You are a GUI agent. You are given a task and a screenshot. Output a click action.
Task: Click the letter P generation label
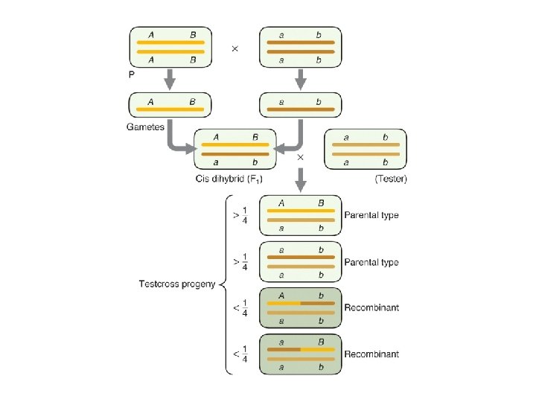(133, 74)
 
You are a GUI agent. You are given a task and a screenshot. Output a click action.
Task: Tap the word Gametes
(146, 127)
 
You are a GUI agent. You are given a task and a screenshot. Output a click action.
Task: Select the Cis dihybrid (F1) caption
(229, 179)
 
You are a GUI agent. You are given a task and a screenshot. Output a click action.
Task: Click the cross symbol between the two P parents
(235, 48)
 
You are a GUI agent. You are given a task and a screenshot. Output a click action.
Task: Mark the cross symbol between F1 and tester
(301, 158)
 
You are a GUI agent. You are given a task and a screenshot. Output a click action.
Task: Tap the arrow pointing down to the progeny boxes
(301, 179)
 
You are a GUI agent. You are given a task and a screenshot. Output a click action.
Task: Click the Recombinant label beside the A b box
(371, 307)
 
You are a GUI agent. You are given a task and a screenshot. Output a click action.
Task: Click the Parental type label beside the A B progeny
(371, 215)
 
